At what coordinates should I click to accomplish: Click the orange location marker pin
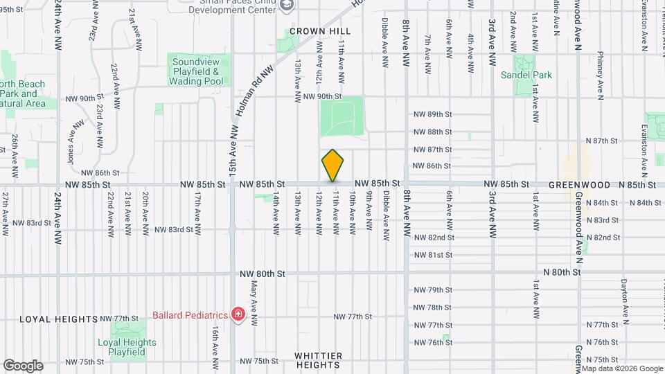click(332, 165)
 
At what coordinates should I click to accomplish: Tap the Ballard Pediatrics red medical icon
click(238, 314)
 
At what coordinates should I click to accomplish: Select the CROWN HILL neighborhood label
click(320, 31)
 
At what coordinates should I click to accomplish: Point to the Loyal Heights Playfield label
click(127, 347)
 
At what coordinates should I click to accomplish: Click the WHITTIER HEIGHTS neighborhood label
click(317, 360)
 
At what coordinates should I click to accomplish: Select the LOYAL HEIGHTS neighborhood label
click(58, 319)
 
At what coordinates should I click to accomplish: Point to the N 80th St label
click(562, 273)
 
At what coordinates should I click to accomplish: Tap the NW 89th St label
click(432, 114)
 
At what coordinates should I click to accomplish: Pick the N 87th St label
click(601, 141)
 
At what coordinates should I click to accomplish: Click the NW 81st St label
click(432, 255)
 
